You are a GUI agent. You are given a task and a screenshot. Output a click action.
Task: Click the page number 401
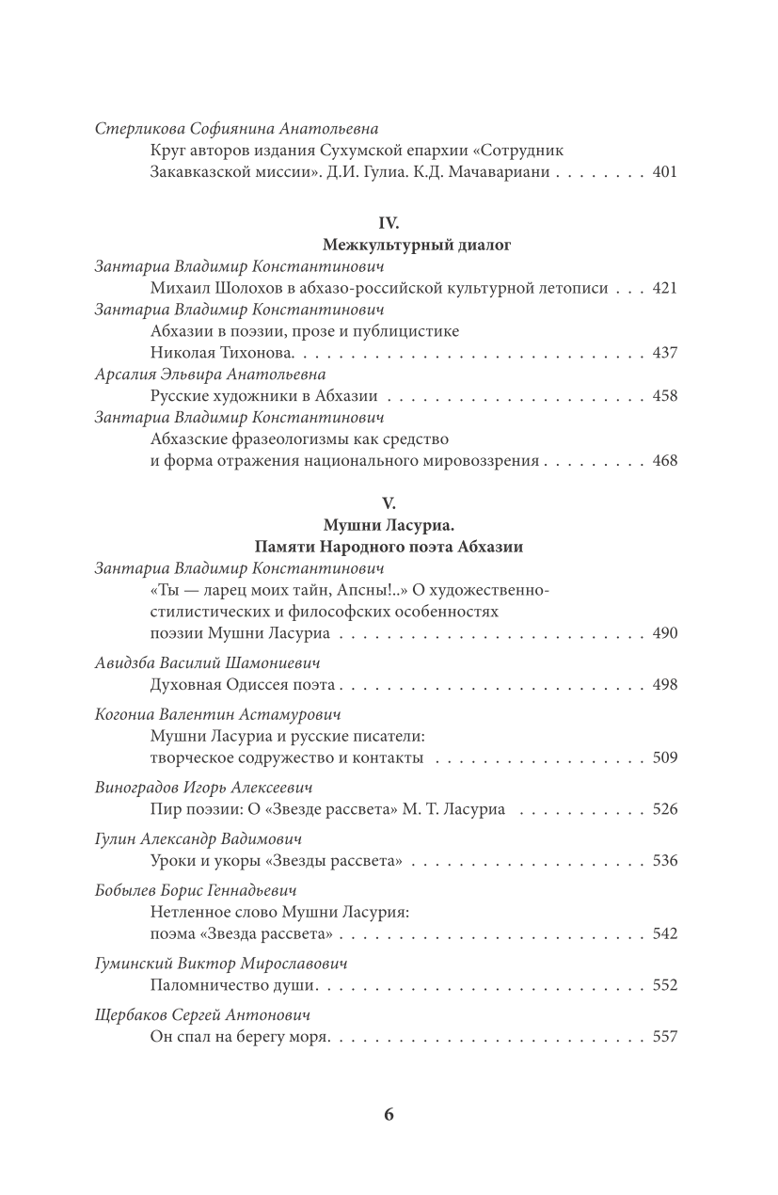pos(664,173)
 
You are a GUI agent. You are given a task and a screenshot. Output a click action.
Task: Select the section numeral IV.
pos(389,223)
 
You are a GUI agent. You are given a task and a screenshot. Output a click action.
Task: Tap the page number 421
pos(664,288)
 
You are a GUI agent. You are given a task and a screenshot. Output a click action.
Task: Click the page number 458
pos(664,396)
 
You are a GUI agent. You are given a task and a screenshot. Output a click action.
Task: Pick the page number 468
pos(664,461)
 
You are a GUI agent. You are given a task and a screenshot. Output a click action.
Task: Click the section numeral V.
pos(389,503)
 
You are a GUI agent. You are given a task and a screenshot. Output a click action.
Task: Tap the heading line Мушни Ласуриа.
pos(389,525)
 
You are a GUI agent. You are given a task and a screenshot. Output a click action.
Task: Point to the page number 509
pos(664,757)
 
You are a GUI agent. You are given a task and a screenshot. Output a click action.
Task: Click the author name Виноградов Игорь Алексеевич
pos(203,787)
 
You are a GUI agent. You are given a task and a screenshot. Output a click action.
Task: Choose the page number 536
pos(664,860)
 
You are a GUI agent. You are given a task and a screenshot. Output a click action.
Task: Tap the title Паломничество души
pos(234,985)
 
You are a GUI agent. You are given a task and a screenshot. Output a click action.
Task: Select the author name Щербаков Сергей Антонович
pos(203,1015)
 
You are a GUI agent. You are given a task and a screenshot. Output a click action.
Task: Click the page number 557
pos(664,1037)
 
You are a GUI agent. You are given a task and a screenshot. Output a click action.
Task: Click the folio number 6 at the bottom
pos(389,1115)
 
